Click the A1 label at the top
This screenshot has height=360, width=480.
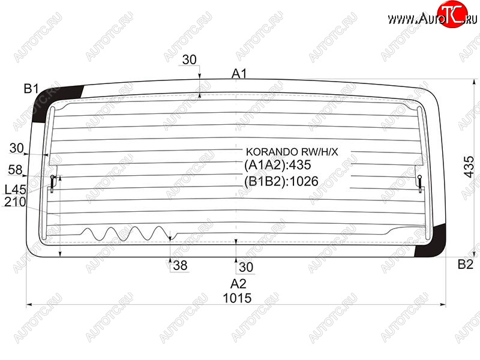pos(239,73)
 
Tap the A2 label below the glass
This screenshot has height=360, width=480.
pos(238,284)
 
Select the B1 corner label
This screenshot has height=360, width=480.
pos(31,89)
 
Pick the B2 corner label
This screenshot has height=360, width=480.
pos(466,264)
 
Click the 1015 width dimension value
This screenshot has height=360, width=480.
pos(237,298)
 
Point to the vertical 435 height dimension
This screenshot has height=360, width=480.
pos(469,167)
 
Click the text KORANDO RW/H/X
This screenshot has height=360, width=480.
pos(292,152)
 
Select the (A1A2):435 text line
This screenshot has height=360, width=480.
pos(278,165)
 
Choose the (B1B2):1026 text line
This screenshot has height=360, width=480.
pos(281,182)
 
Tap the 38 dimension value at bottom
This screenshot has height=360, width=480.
pos(180,265)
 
